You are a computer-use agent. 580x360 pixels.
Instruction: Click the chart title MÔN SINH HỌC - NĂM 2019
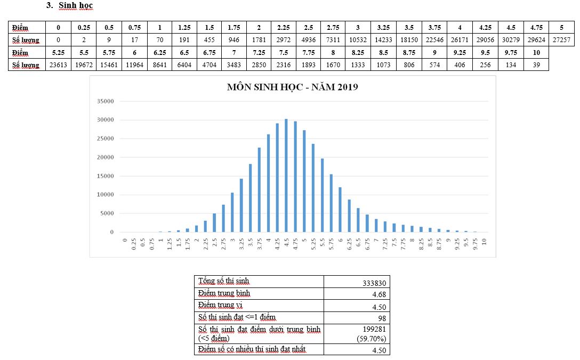[x=292, y=87]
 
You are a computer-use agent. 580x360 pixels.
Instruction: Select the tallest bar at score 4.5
[x=286, y=176]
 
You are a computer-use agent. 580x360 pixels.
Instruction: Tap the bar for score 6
[x=340, y=210]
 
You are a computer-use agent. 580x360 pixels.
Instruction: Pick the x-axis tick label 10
[x=484, y=242]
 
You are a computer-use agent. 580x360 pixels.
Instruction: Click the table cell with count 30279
[x=511, y=40]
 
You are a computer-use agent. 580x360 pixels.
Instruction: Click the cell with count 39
[x=536, y=65]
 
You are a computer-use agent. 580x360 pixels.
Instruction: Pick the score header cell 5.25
[x=58, y=53]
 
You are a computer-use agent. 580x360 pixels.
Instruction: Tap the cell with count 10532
[x=358, y=40]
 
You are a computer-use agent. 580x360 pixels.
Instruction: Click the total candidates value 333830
[x=372, y=282]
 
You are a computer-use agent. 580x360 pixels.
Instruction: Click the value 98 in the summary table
[x=381, y=319]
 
